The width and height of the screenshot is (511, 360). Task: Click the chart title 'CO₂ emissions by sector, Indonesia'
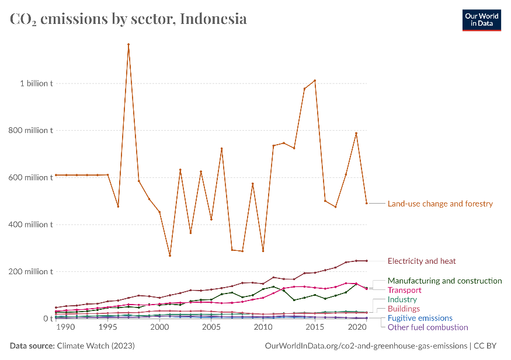pyautogui.click(x=128, y=19)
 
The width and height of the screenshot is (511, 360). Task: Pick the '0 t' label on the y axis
pyautogui.click(x=47, y=319)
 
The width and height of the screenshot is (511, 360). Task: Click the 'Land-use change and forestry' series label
pyautogui.click(x=440, y=204)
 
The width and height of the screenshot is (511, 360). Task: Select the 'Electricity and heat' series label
pyautogui.click(x=422, y=261)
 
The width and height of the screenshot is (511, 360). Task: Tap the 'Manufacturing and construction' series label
pyautogui.click(x=444, y=281)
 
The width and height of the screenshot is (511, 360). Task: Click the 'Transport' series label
pyautogui.click(x=404, y=290)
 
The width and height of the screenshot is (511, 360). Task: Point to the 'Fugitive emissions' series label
pyautogui.click(x=420, y=318)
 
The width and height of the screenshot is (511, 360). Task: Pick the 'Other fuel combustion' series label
pyautogui.click(x=427, y=327)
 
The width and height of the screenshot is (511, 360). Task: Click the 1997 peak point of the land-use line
pyautogui.click(x=128, y=44)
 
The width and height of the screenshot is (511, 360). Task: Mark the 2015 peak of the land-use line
pyautogui.click(x=315, y=81)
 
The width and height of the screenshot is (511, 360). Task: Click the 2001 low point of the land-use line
pyautogui.click(x=170, y=256)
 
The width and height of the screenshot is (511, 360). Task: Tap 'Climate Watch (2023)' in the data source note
pyautogui.click(x=96, y=346)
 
